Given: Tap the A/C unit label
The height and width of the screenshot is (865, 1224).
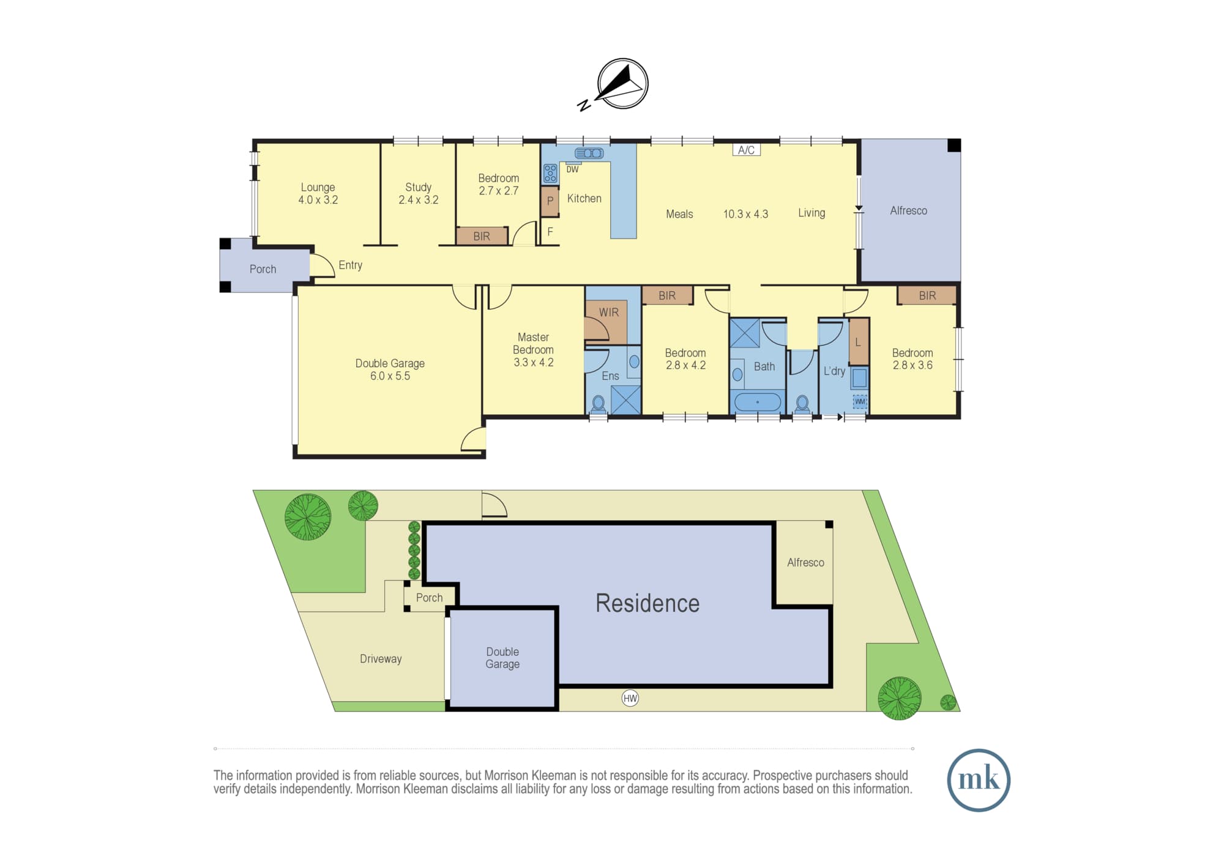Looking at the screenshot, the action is point(746,150).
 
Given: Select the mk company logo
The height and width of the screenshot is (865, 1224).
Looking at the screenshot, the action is point(979,780).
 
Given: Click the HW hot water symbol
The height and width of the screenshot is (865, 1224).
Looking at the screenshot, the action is point(630,698).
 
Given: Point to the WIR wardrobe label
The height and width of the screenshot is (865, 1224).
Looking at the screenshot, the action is point(608,312).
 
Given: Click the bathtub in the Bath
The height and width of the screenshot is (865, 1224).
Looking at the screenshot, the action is point(758,402).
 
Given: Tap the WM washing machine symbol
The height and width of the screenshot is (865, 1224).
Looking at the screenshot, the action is point(860,402).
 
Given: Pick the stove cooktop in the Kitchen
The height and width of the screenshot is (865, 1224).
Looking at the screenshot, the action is point(550,174).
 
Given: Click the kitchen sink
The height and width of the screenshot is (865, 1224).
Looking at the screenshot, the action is point(589,153).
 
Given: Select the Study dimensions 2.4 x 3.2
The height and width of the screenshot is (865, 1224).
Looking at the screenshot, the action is point(419,200).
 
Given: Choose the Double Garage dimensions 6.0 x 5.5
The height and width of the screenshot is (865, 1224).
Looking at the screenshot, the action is point(390,376).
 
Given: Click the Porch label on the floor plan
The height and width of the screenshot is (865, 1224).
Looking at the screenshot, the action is point(263,269).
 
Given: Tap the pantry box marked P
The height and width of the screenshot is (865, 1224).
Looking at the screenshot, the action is point(550,201).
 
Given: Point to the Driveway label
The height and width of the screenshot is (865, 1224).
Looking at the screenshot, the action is point(381,659).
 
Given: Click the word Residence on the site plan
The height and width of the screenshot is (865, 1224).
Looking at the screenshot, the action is point(647,603).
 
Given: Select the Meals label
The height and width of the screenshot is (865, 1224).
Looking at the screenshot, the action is point(679,214).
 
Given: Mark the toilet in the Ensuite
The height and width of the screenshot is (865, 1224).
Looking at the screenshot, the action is point(598,404).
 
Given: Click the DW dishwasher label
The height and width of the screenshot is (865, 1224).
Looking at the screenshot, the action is point(572,169).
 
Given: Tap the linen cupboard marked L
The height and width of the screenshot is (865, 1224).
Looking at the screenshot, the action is point(859,341).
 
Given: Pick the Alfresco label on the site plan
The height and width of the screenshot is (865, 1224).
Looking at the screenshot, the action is point(805,562).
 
